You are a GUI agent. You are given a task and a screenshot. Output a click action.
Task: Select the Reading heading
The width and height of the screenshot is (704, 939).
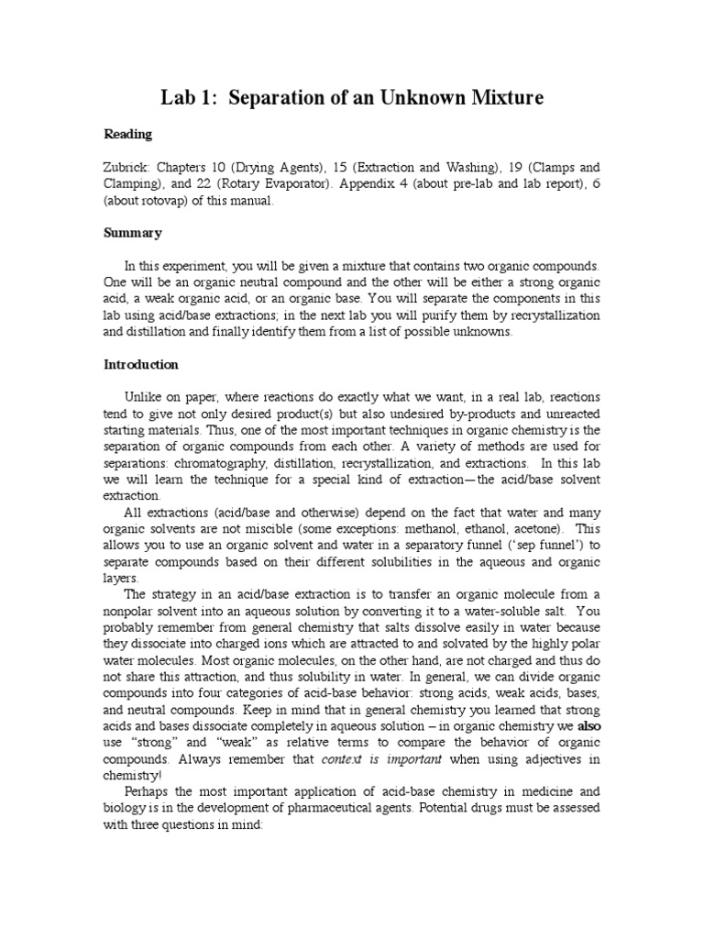tap(127, 135)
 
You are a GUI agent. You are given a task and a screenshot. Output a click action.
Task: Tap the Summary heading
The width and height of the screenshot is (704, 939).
tap(132, 233)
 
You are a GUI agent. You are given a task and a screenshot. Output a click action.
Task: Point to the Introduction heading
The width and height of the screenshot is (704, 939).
tap(140, 364)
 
